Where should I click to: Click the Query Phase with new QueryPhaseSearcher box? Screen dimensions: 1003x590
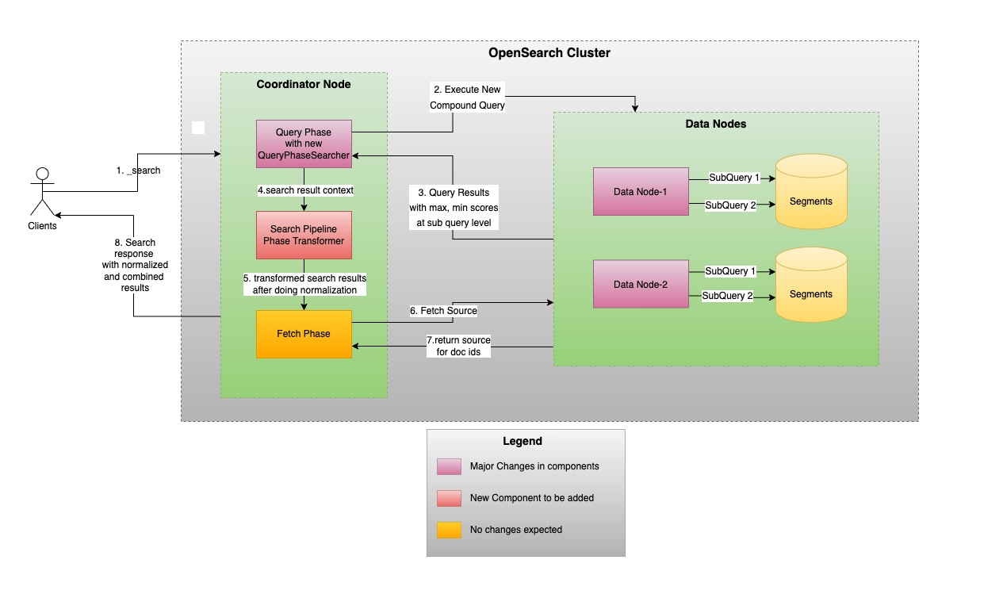click(304, 144)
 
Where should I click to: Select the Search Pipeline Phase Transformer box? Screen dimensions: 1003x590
click(304, 235)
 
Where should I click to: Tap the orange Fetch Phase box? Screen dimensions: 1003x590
click(304, 334)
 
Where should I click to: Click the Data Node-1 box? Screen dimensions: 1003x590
click(641, 191)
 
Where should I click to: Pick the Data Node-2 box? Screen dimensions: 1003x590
click(641, 284)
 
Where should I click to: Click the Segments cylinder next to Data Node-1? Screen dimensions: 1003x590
click(811, 191)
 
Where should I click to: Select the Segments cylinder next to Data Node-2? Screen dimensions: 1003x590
click(811, 285)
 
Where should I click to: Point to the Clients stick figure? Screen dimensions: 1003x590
click(42, 191)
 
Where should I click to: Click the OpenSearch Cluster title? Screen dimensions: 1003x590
click(549, 53)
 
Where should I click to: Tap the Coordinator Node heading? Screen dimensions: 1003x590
click(304, 84)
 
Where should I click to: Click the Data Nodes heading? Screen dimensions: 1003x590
click(715, 124)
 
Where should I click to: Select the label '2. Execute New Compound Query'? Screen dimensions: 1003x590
click(467, 98)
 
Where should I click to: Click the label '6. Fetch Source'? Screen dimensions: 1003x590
click(443, 311)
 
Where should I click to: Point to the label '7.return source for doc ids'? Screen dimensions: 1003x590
click(458, 346)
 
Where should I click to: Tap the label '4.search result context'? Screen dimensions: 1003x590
click(305, 190)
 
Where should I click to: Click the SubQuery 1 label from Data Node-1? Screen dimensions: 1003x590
click(734, 178)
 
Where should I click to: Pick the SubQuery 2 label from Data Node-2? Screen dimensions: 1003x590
click(727, 296)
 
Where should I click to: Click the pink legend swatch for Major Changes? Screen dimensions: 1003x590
click(449, 466)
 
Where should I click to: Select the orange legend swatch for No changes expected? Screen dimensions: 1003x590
click(449, 530)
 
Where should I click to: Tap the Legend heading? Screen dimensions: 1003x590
click(522, 441)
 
